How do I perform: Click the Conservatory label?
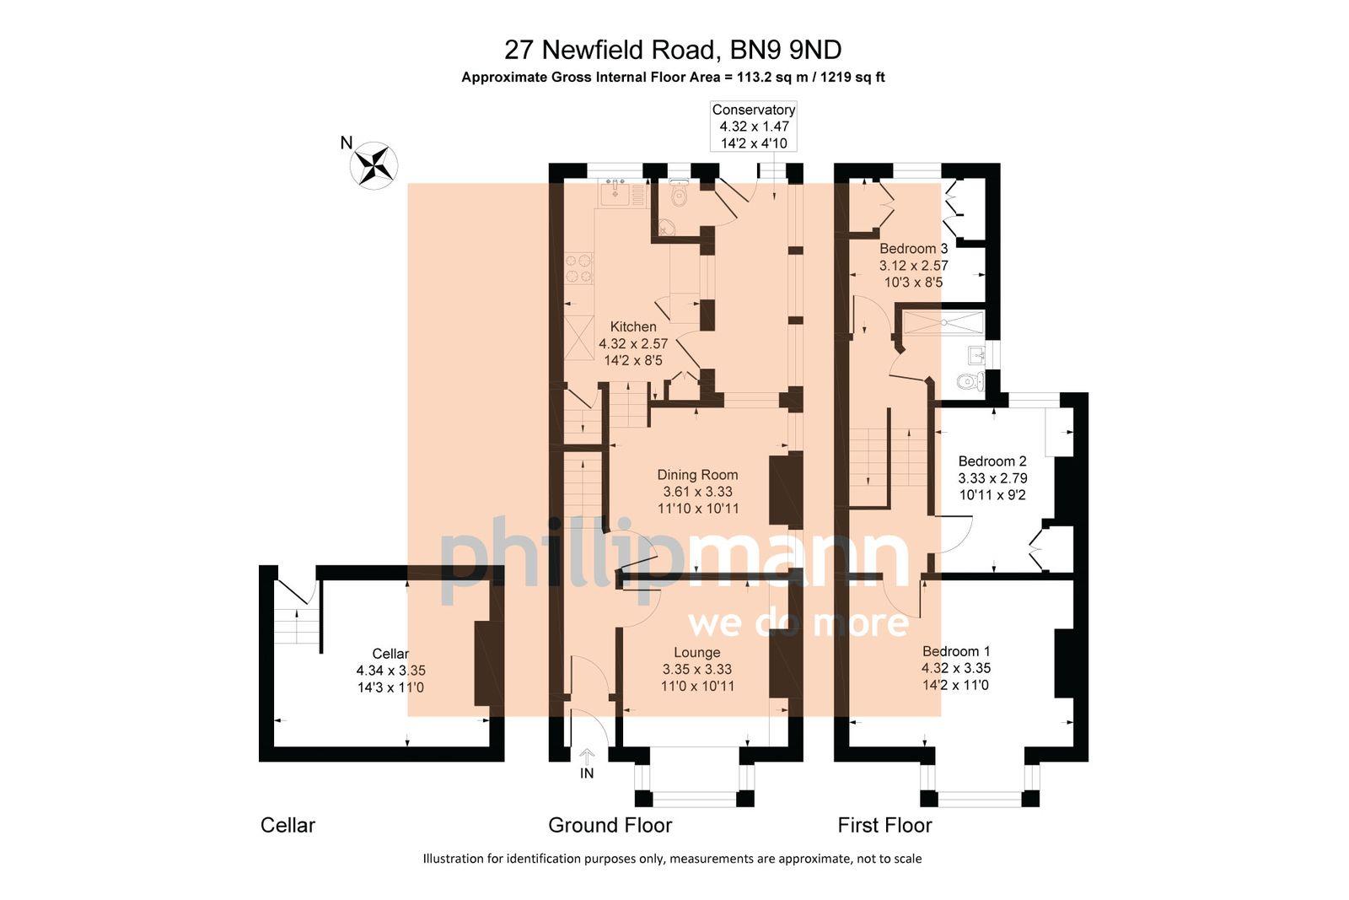pos(753,110)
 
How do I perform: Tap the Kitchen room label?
pos(633,326)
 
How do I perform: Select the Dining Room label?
pos(697,475)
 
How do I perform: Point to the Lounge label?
pos(697,652)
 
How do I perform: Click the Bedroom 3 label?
pos(913,249)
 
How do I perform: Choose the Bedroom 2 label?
pos(992,461)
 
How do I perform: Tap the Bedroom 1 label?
pos(956,651)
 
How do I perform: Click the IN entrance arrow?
pos(587,758)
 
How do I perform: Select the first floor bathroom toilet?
pos(971,383)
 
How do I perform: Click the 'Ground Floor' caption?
pos(610,825)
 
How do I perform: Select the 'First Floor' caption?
pos(884,825)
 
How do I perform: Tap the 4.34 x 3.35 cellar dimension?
pos(390,671)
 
